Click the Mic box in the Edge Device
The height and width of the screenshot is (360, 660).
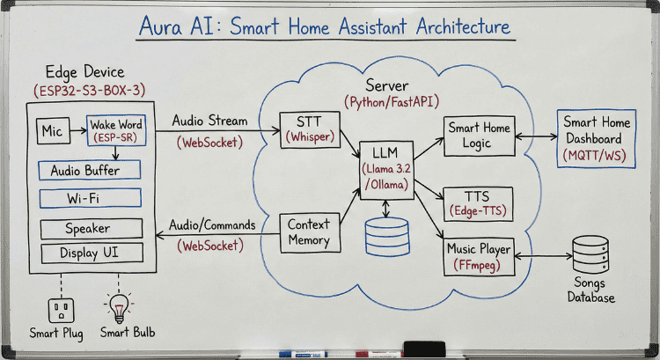(52, 132)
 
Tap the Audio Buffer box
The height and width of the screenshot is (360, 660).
(90, 170)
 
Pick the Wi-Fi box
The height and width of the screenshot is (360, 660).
(90, 198)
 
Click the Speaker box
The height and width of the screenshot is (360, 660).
(90, 228)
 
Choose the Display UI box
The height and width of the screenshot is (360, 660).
(90, 253)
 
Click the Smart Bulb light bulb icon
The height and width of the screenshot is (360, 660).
(118, 309)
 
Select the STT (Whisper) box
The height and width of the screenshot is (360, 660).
(305, 129)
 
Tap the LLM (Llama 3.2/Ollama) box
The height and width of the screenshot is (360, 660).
(386, 166)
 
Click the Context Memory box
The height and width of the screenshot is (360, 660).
(309, 232)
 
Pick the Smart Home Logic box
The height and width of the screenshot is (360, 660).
(478, 135)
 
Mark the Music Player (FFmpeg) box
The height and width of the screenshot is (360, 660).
(478, 255)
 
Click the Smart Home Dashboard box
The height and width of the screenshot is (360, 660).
(598, 138)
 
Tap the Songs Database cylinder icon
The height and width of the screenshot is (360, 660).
(590, 255)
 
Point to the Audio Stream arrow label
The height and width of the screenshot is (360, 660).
(209, 121)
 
